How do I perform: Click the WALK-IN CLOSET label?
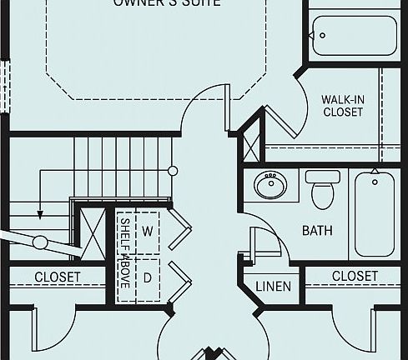click(342, 106)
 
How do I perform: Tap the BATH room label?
click(316, 229)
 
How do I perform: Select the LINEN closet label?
click(274, 287)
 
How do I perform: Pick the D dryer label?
click(148, 277)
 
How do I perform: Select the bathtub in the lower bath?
click(375, 212)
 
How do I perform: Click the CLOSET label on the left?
click(58, 277)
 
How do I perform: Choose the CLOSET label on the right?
click(355, 276)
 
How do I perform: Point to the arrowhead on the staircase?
click(38, 215)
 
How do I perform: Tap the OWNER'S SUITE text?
click(167, 3)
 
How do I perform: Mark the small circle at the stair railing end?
click(173, 171)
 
